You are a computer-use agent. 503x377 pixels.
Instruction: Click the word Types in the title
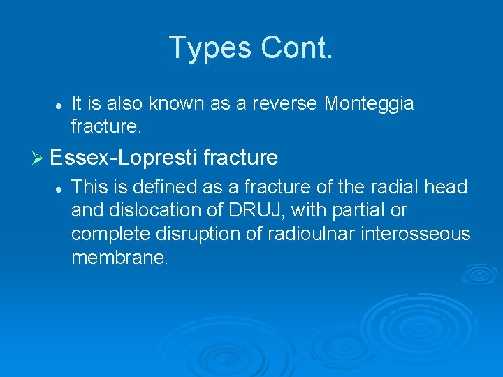(210, 47)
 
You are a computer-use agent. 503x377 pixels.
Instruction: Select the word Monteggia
(369, 104)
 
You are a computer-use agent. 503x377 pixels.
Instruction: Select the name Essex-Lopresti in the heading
(124, 158)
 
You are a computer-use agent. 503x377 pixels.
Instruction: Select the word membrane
(119, 258)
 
